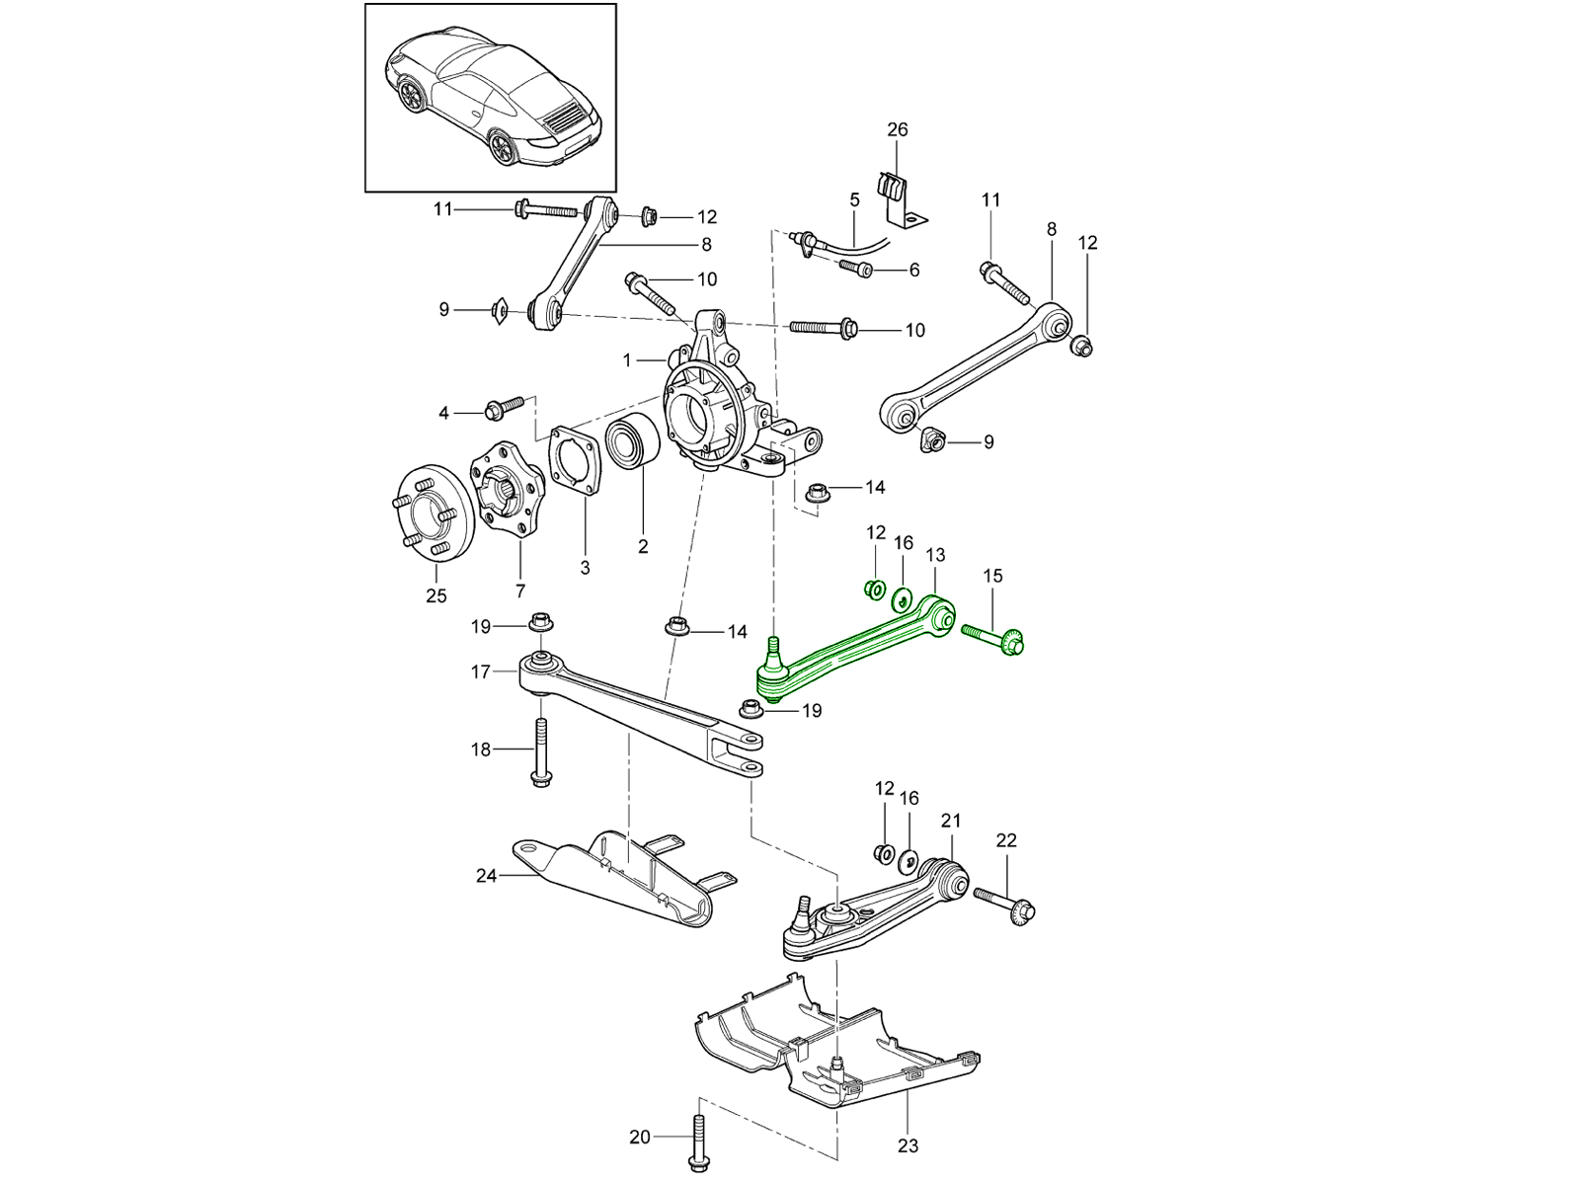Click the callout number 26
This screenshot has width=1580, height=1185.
[897, 129]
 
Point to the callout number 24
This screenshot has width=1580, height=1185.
[486, 875]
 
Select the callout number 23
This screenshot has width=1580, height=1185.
[908, 1145]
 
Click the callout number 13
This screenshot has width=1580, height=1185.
[935, 555]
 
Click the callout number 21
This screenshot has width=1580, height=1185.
[950, 821]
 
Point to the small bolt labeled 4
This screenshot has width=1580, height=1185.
[503, 406]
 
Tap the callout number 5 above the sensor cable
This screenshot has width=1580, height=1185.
[854, 199]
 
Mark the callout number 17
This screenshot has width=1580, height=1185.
[481, 671]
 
